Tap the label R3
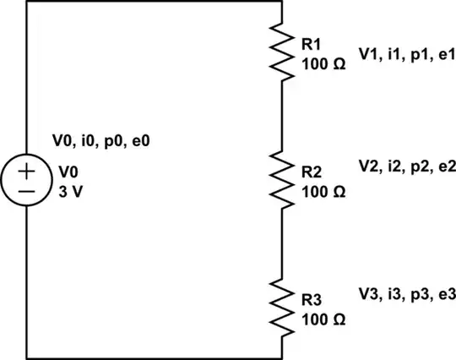[309, 302]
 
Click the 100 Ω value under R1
[322, 63]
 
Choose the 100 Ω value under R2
[322, 192]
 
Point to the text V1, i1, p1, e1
[406, 56]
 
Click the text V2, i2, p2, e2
[407, 167]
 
